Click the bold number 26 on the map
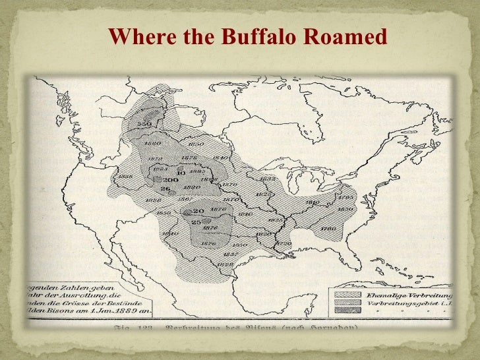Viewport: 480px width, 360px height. (x=165, y=189)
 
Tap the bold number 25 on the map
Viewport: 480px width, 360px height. (x=196, y=222)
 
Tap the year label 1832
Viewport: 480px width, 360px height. (x=267, y=177)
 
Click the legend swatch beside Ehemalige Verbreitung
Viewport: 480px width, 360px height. (x=348, y=296)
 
